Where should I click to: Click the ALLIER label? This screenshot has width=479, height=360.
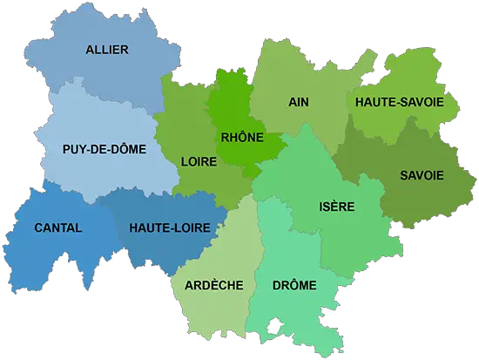(107, 50)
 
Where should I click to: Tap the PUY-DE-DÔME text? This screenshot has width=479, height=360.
(104, 149)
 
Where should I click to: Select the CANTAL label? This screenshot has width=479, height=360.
(58, 228)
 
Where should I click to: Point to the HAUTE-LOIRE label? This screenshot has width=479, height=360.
(162, 228)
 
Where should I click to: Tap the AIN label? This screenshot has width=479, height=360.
(299, 102)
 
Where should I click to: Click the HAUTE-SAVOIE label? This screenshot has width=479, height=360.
(400, 102)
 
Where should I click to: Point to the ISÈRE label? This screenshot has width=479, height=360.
(336, 207)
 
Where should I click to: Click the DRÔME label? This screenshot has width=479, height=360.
(294, 285)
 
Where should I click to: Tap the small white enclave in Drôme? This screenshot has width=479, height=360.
(275, 324)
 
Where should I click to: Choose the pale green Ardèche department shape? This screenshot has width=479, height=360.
(218, 309)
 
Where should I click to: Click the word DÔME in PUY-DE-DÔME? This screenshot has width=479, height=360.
(126, 149)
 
